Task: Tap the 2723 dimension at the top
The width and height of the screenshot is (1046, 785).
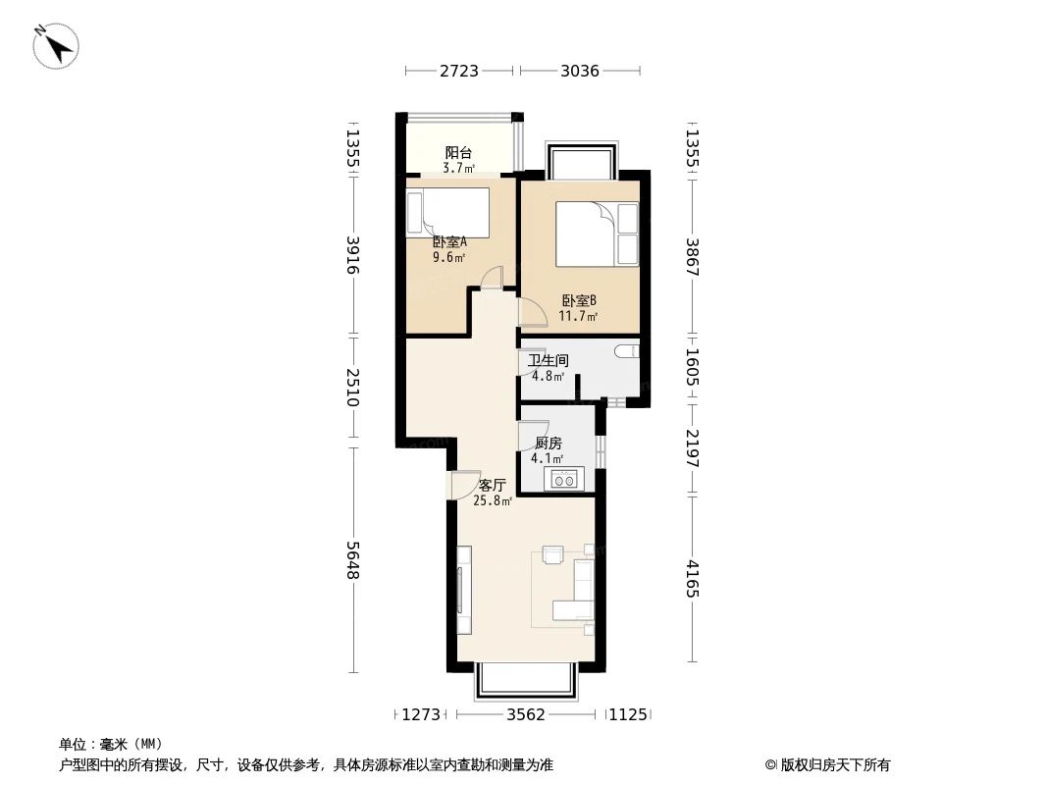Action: coord(458,71)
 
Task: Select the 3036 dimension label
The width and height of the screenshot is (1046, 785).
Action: coord(579,71)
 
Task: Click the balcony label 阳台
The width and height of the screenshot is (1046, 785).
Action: coord(458,153)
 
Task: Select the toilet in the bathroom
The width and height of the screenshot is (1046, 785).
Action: coord(625,352)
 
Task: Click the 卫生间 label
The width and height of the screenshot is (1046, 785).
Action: coord(549,361)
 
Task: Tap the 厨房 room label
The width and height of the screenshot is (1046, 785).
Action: coord(548,444)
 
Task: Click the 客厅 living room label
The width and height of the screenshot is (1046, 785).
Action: coord(492,486)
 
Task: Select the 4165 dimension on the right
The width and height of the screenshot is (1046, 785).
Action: coord(693,579)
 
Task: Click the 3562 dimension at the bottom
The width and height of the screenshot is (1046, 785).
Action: coord(525,715)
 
